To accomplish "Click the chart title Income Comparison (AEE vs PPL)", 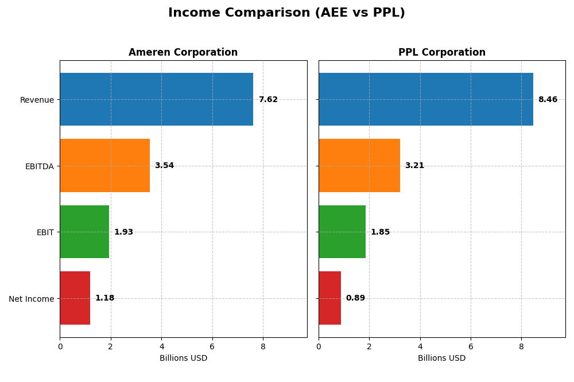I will [286, 13].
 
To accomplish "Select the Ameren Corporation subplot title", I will [183, 52].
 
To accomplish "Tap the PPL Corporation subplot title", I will [441, 52].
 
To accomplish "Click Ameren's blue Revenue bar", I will [156, 99].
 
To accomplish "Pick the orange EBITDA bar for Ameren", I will [104, 166].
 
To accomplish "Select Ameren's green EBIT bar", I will [84, 232].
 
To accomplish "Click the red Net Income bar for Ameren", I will [75, 298].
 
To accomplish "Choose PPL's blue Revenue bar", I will [425, 99].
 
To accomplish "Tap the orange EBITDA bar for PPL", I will [359, 166].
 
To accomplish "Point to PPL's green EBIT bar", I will [342, 232].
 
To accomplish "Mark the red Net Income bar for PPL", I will [329, 298].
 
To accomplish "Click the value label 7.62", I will [268, 100].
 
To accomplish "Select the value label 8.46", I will [548, 100].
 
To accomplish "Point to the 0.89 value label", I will [355, 298].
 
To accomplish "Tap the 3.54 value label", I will [164, 166].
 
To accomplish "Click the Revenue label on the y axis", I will [37, 100].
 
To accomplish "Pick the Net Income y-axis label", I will [31, 299].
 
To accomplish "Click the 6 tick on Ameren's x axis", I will [212, 346].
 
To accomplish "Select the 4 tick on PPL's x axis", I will [420, 346].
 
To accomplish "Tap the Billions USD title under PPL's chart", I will [441, 358].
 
